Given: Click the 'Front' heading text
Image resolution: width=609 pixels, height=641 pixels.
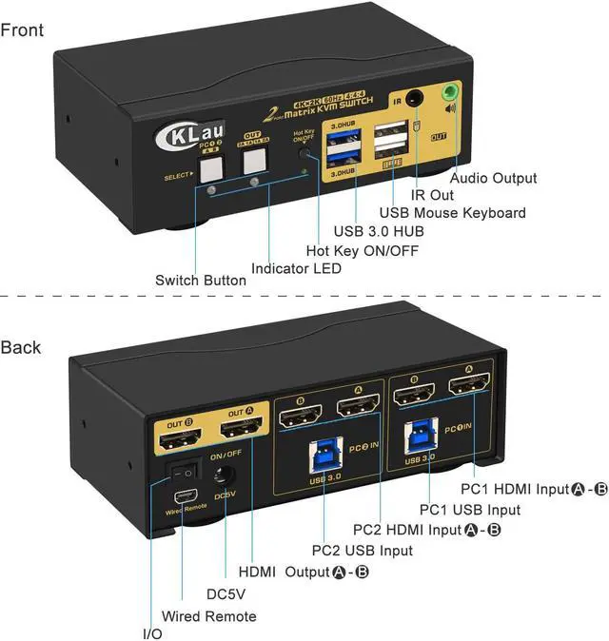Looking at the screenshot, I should click(x=22, y=29).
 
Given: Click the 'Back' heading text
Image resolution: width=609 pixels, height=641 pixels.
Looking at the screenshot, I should click(x=21, y=347).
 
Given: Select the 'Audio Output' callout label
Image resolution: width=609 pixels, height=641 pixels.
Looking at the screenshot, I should click(x=493, y=178).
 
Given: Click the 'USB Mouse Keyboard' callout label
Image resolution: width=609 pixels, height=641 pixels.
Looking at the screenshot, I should click(x=452, y=213).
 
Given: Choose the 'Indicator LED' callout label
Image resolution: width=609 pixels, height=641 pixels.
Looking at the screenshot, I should click(x=296, y=268).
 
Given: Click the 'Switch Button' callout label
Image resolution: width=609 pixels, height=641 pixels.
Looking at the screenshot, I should click(x=201, y=281).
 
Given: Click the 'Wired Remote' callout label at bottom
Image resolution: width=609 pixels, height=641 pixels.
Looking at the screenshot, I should click(x=208, y=616).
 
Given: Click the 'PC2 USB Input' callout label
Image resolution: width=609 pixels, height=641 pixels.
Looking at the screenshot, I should click(x=363, y=551).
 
